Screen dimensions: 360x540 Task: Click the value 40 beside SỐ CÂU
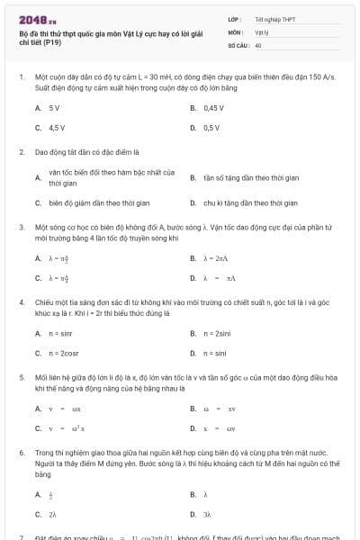click(258, 44)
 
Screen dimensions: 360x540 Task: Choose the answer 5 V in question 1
click(55, 107)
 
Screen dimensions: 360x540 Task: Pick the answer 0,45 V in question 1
click(213, 107)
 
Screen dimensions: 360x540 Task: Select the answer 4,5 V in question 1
click(57, 128)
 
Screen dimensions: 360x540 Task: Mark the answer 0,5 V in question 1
click(211, 128)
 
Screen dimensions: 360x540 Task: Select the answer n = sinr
click(60, 334)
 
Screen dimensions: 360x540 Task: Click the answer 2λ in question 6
click(53, 514)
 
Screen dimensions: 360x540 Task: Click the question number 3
click(21, 229)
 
